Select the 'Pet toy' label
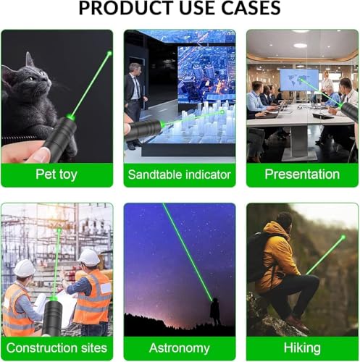tap(56, 174)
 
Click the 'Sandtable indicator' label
tap(179, 174)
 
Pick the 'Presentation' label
tap(302, 174)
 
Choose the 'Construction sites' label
tap(56, 348)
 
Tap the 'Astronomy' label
tap(179, 348)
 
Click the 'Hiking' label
tap(302, 348)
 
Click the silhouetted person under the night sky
tap(215, 313)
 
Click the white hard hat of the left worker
tap(25, 268)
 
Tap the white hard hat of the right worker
tap(89, 257)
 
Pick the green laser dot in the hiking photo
tap(342, 236)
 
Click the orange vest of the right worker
tap(93, 296)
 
